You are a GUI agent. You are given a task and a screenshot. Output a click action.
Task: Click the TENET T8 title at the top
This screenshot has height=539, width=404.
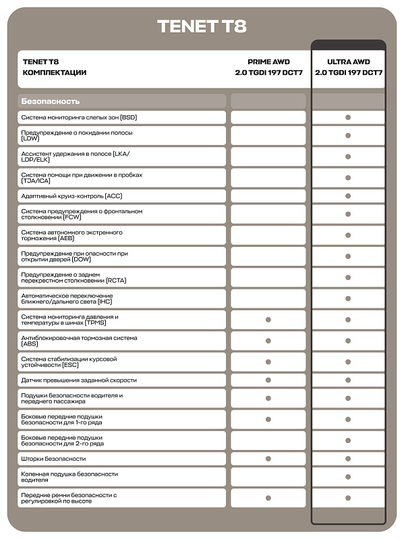202,26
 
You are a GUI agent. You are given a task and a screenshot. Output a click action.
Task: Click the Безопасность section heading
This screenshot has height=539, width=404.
51,101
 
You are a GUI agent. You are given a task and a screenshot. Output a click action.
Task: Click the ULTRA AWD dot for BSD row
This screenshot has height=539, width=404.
348,117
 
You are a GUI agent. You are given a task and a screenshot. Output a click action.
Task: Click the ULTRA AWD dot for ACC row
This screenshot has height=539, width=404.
348,196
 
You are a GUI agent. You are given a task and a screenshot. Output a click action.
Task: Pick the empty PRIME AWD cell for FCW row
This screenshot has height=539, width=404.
268,215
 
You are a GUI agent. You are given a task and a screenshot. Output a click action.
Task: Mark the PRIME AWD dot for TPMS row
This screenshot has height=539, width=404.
268,320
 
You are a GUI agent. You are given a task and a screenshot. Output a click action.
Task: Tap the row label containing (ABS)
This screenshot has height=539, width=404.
79,341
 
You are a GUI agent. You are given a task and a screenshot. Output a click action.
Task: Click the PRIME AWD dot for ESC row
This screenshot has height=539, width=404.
268,362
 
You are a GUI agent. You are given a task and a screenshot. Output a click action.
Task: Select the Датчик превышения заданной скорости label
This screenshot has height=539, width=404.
79,380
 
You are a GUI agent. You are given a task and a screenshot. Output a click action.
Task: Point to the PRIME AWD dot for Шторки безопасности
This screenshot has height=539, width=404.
268,459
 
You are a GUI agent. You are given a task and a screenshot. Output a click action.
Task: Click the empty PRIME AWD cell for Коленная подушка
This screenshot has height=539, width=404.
268,477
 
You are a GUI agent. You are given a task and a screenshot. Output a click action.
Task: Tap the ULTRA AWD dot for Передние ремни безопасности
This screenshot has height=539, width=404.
348,498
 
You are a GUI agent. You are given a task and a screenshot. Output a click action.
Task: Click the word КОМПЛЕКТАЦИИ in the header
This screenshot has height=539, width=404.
55,72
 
